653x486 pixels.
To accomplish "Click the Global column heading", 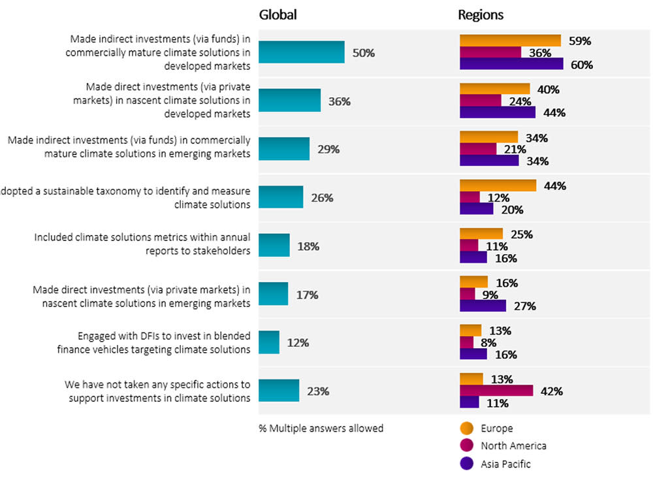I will click(278, 15).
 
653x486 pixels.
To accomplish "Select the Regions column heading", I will click(481, 15).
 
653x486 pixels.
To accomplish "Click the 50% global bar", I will click(301, 52).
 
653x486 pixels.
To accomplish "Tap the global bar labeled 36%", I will click(289, 101).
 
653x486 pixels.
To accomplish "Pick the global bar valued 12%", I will click(269, 342).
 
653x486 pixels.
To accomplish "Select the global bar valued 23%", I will click(279, 391).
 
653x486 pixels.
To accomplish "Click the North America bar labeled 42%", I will click(496, 391).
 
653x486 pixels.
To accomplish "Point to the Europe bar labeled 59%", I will click(510, 40).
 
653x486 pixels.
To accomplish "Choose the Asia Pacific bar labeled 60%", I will click(511, 64).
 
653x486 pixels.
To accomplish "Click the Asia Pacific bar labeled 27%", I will click(483, 306).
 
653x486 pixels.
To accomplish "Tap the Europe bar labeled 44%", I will click(498, 186).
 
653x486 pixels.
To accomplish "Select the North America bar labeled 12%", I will click(470, 197).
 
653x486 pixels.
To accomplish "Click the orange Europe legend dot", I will click(466, 429).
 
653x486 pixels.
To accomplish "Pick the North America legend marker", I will click(466, 446).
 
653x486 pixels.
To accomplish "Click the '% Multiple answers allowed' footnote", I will click(321, 429).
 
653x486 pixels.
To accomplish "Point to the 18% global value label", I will click(308, 246).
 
